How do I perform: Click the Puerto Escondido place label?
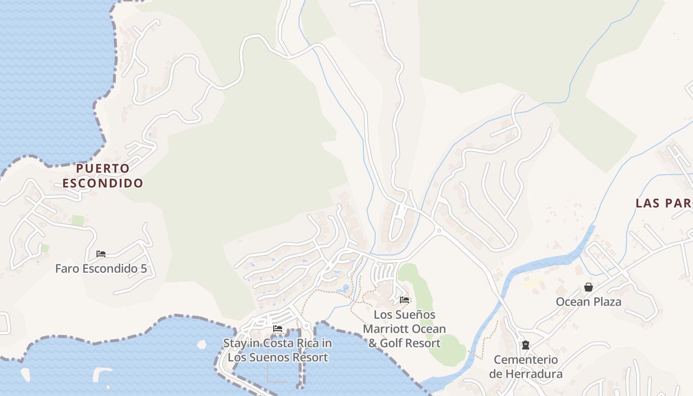point(103,176)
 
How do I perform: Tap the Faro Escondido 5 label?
point(101,269)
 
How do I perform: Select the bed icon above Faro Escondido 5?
point(101,254)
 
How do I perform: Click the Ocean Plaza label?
point(588,302)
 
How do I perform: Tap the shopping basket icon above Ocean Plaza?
point(589,287)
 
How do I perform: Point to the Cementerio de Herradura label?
point(526,367)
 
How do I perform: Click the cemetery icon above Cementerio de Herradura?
point(526,345)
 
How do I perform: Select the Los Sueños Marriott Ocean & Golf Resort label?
point(404,329)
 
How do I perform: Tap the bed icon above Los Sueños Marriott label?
point(404,299)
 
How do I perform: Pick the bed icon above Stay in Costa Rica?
point(278,329)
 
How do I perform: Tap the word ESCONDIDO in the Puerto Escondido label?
point(103,183)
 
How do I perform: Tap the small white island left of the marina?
point(201,344)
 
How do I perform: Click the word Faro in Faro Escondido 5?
point(66,269)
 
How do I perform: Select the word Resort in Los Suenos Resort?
point(309,357)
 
